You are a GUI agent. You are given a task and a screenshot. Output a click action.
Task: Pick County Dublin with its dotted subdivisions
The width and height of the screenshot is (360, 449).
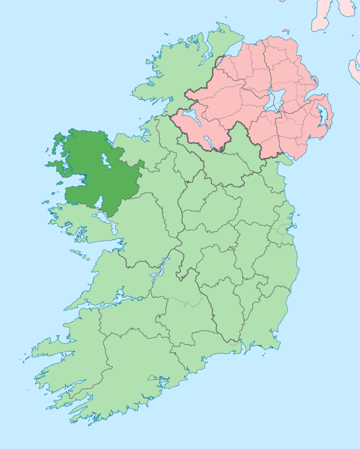tap(282, 232)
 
